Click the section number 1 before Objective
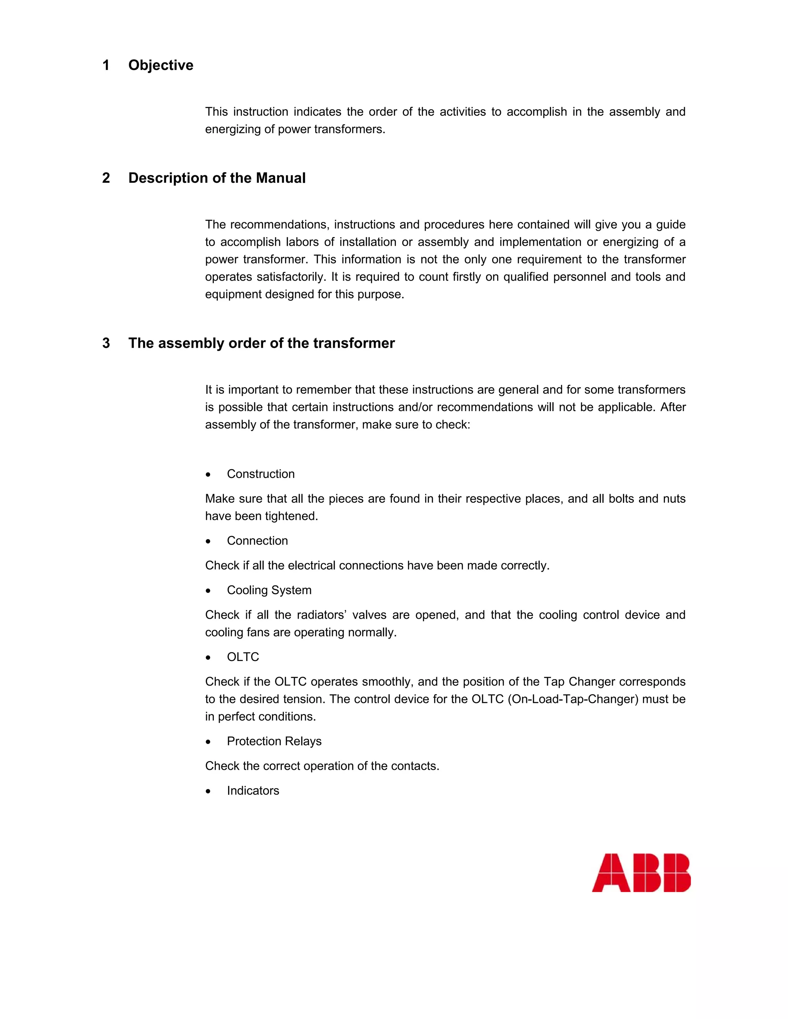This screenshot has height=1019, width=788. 106,65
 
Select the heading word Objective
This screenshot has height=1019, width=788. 160,65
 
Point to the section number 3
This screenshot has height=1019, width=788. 106,343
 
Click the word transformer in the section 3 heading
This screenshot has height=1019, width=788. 354,343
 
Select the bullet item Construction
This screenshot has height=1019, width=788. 260,474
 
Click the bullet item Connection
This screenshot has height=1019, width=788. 257,541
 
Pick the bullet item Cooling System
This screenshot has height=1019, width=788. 269,590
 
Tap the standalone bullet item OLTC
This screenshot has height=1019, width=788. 243,657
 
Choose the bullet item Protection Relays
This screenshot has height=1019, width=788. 274,741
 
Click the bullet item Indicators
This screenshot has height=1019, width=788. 253,791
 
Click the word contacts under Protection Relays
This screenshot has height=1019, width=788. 414,766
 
